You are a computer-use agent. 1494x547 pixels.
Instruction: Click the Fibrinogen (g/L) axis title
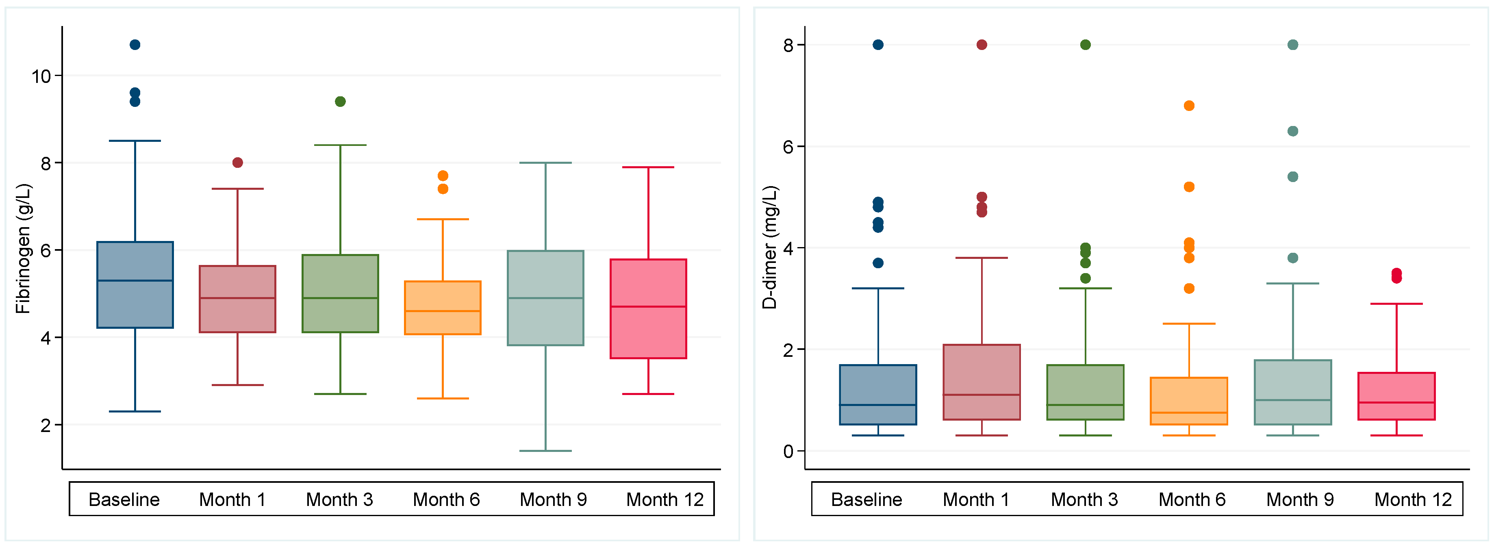click(x=23, y=249)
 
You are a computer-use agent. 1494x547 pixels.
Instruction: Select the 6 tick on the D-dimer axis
click(x=788, y=147)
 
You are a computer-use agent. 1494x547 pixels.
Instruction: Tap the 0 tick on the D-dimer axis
click(x=788, y=451)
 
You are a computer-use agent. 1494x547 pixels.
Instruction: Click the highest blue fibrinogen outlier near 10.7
click(x=135, y=45)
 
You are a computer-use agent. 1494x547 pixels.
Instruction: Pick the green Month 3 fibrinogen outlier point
click(x=341, y=102)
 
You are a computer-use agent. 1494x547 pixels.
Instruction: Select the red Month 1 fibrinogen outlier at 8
click(x=238, y=163)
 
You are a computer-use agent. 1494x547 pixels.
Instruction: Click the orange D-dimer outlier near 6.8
click(x=1189, y=106)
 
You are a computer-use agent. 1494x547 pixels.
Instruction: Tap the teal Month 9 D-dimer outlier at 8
click(x=1293, y=45)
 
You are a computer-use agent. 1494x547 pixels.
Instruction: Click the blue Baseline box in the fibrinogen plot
click(x=135, y=285)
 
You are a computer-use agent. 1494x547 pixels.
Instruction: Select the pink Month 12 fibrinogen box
click(x=648, y=308)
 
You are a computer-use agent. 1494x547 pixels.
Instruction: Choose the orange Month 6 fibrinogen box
click(x=443, y=308)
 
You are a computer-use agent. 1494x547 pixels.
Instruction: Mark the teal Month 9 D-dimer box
click(x=1293, y=392)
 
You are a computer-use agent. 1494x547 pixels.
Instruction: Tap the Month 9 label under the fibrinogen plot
click(x=553, y=499)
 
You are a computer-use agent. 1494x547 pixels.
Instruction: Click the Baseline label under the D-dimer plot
click(x=866, y=499)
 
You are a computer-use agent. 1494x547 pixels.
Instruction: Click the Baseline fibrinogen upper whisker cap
click(x=135, y=140)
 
